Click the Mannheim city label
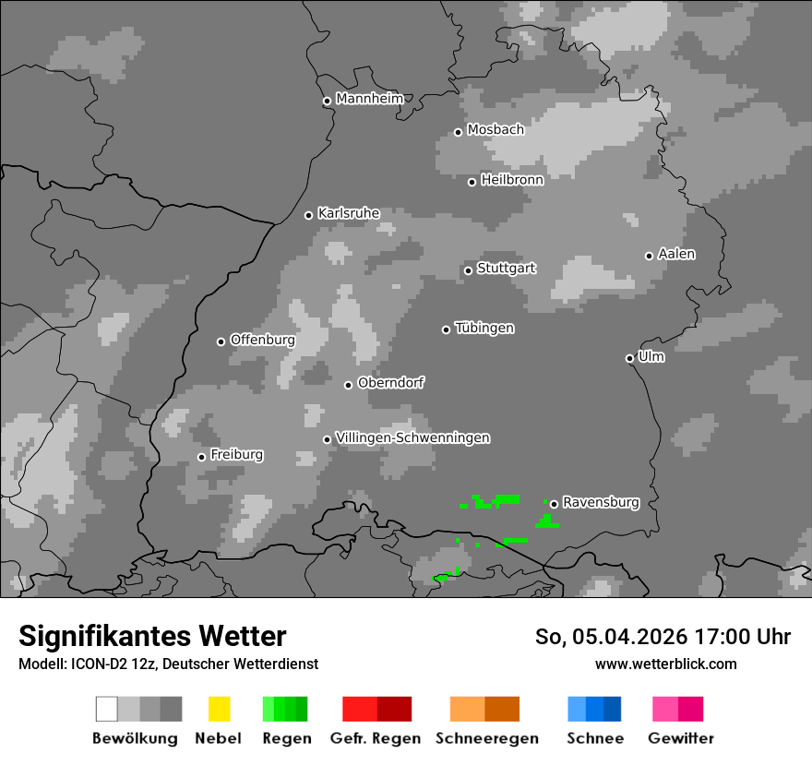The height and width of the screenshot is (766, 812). tap(370, 99)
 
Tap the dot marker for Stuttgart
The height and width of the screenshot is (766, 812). tap(468, 270)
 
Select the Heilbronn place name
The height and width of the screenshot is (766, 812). tap(512, 180)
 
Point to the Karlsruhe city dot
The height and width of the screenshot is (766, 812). tap(309, 215)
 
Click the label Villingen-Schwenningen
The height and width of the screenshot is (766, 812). tap(412, 437)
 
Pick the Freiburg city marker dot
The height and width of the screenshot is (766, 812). tap(201, 457)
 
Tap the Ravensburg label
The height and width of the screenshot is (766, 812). tap(601, 502)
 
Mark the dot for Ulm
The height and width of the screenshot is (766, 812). tap(629, 358)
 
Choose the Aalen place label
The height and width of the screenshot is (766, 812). tap(676, 254)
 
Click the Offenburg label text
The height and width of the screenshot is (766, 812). tap(262, 340)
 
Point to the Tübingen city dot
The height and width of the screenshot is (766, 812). tap(446, 329)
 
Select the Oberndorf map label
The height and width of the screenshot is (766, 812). tap(390, 383)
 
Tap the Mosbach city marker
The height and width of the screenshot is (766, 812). tap(458, 132)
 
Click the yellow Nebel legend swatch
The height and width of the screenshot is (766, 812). tap(219, 709)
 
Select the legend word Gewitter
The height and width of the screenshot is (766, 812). tap(680, 738)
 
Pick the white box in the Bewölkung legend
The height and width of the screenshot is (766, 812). tap(106, 709)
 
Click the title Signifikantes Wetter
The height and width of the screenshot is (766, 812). tap(152, 637)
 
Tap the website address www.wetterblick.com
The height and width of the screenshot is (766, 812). tap(665, 664)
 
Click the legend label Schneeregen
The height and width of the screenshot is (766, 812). tap(486, 738)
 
